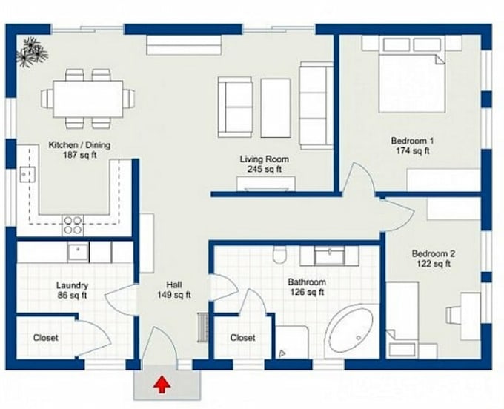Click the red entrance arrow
click(x=162, y=385)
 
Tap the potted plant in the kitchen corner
click(x=32, y=52)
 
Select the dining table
click(x=88, y=99)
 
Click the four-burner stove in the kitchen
click(x=73, y=225)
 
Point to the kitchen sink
click(x=27, y=174)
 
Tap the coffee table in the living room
click(x=276, y=108)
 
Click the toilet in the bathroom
click(x=279, y=254)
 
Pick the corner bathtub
click(x=351, y=330)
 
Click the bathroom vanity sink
click(x=330, y=256)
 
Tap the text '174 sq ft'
click(x=412, y=150)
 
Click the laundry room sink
click(x=78, y=253)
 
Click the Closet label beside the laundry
click(x=46, y=338)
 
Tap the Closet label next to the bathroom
click(x=242, y=338)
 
